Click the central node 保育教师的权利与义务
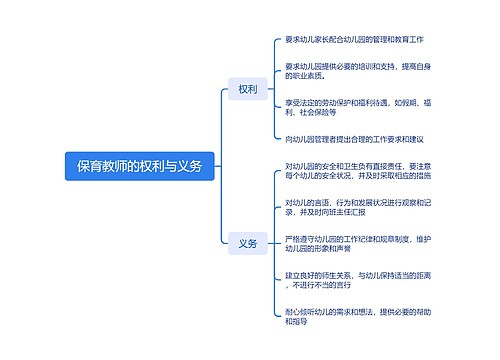pyautogui.click(x=139, y=166)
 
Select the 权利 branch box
pyautogui.click(x=247, y=89)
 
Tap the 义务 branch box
pyautogui.click(x=247, y=243)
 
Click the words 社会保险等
pyautogui.click(x=319, y=114)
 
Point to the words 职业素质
pyautogui.click(x=305, y=75)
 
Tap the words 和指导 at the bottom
pyautogui.click(x=297, y=323)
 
